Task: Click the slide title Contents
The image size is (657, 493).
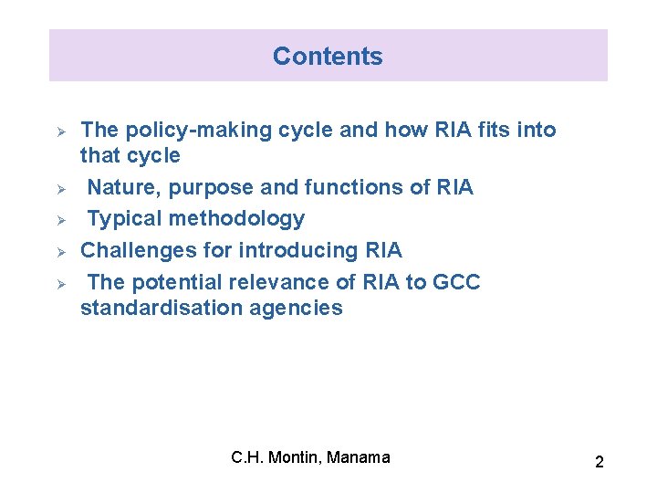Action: (x=328, y=57)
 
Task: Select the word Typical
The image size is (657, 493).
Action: (x=126, y=219)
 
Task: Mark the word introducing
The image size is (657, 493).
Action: (x=298, y=250)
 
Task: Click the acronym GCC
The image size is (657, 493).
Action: (x=456, y=282)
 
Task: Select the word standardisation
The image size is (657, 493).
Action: (x=149, y=308)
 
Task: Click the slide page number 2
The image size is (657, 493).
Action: (x=599, y=462)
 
